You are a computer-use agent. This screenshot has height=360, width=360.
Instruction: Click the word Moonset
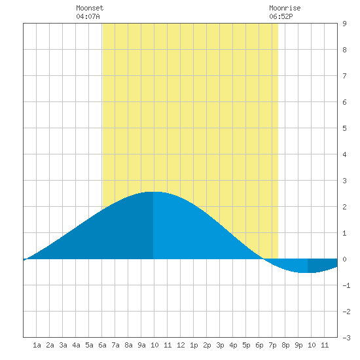tap(90, 8)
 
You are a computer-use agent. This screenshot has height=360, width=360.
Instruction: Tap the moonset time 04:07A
tap(88, 16)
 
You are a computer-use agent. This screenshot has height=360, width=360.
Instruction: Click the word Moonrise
tap(285, 8)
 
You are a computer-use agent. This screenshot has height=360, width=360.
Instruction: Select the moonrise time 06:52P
tap(281, 16)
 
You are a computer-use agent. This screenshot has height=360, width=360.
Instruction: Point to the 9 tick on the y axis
tap(344, 24)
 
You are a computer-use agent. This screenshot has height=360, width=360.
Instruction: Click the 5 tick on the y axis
tap(344, 128)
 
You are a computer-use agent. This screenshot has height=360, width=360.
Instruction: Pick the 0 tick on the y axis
tap(344, 259)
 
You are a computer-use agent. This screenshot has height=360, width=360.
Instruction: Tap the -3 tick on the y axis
tap(346, 338)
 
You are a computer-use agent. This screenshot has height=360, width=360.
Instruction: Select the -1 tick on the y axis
tap(346, 285)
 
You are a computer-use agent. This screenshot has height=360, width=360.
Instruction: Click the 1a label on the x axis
tap(37, 345)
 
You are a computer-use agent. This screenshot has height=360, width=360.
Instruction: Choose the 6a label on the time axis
tap(102, 345)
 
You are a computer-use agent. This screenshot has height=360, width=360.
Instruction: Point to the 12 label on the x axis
tap(181, 345)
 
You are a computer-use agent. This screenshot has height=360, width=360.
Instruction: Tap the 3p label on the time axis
tap(220, 345)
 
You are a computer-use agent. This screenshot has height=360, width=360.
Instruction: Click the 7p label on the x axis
tap(272, 345)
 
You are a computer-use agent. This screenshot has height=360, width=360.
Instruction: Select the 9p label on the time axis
tap(298, 345)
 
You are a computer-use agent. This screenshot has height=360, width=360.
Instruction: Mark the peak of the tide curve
tap(153, 192)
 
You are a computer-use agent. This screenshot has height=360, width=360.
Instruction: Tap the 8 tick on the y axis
tap(344, 50)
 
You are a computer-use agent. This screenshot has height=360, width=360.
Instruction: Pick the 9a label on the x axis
tap(141, 345)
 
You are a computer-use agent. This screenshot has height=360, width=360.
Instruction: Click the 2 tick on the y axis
tap(344, 207)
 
